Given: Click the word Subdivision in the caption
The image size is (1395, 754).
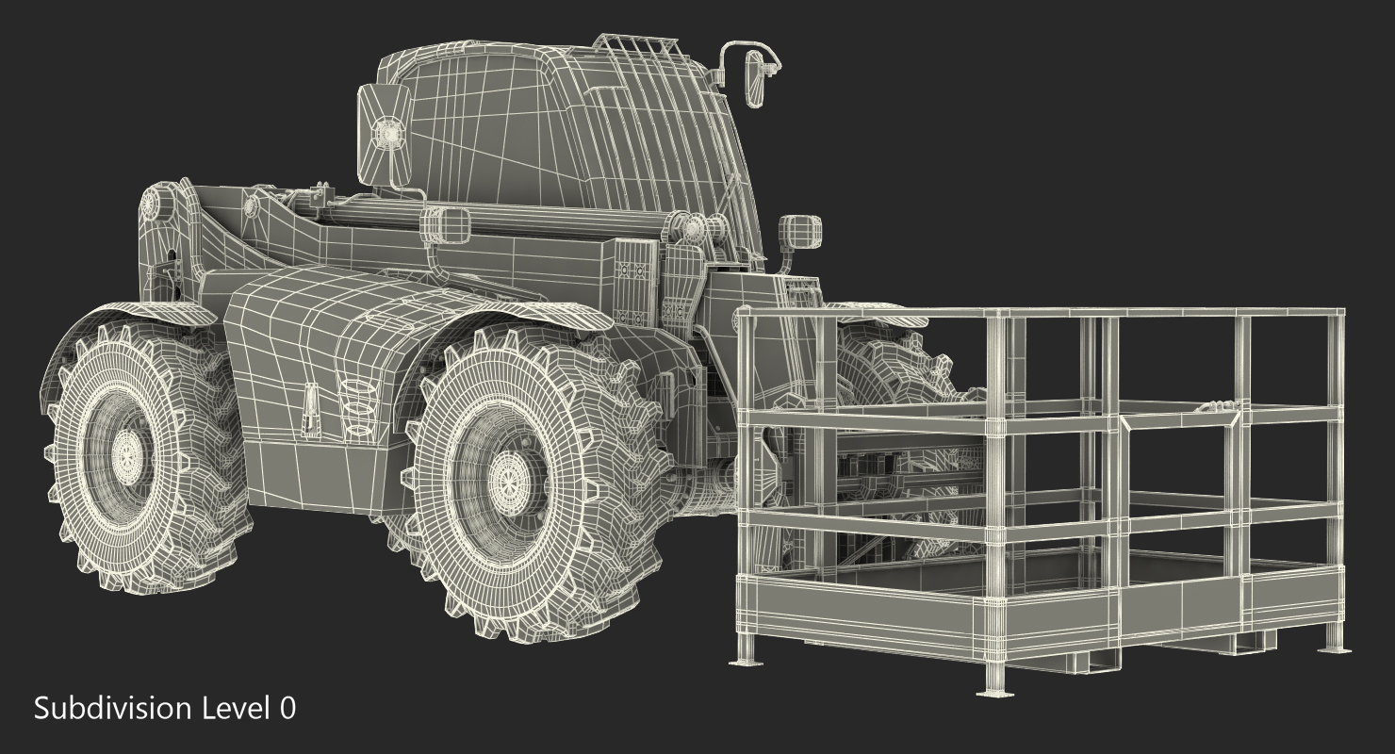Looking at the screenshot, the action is [x=113, y=709].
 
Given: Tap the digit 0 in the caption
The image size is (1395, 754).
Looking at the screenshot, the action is [x=287, y=708].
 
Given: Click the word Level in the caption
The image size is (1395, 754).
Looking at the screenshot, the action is [x=236, y=708].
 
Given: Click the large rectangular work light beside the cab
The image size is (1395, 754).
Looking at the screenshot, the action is [x=384, y=133].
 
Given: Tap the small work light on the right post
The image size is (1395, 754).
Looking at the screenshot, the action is [x=799, y=232].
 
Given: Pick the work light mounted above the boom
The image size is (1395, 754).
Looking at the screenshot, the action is [x=445, y=224].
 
